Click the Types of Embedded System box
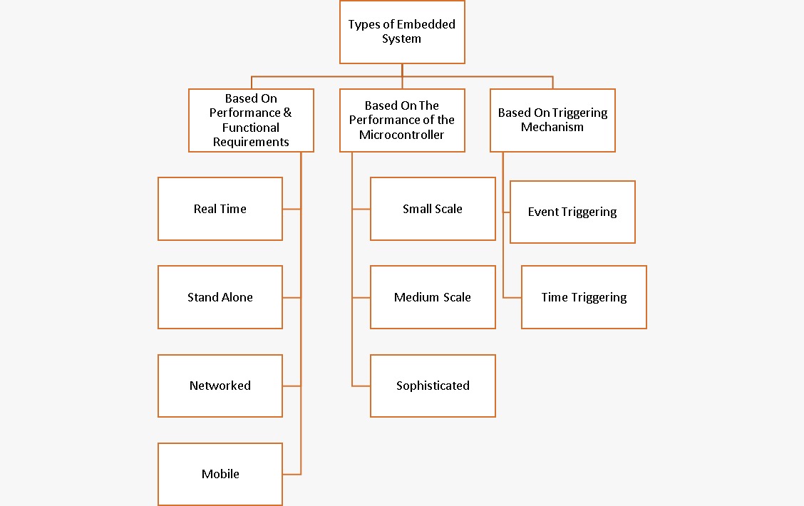(402, 32)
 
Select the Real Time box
(220, 209)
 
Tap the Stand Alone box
(220, 297)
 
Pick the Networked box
(220, 386)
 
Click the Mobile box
(220, 474)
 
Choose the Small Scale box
(433, 209)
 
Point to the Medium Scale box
(433, 297)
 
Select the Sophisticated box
(433, 386)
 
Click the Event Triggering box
(572, 212)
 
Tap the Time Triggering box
(584, 297)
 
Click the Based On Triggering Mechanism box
(552, 120)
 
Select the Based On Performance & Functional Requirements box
(251, 120)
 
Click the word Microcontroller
(402, 135)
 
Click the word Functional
(251, 128)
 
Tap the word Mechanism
(552, 128)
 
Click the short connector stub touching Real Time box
(292, 209)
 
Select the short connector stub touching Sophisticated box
(361, 386)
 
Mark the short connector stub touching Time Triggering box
(512, 297)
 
